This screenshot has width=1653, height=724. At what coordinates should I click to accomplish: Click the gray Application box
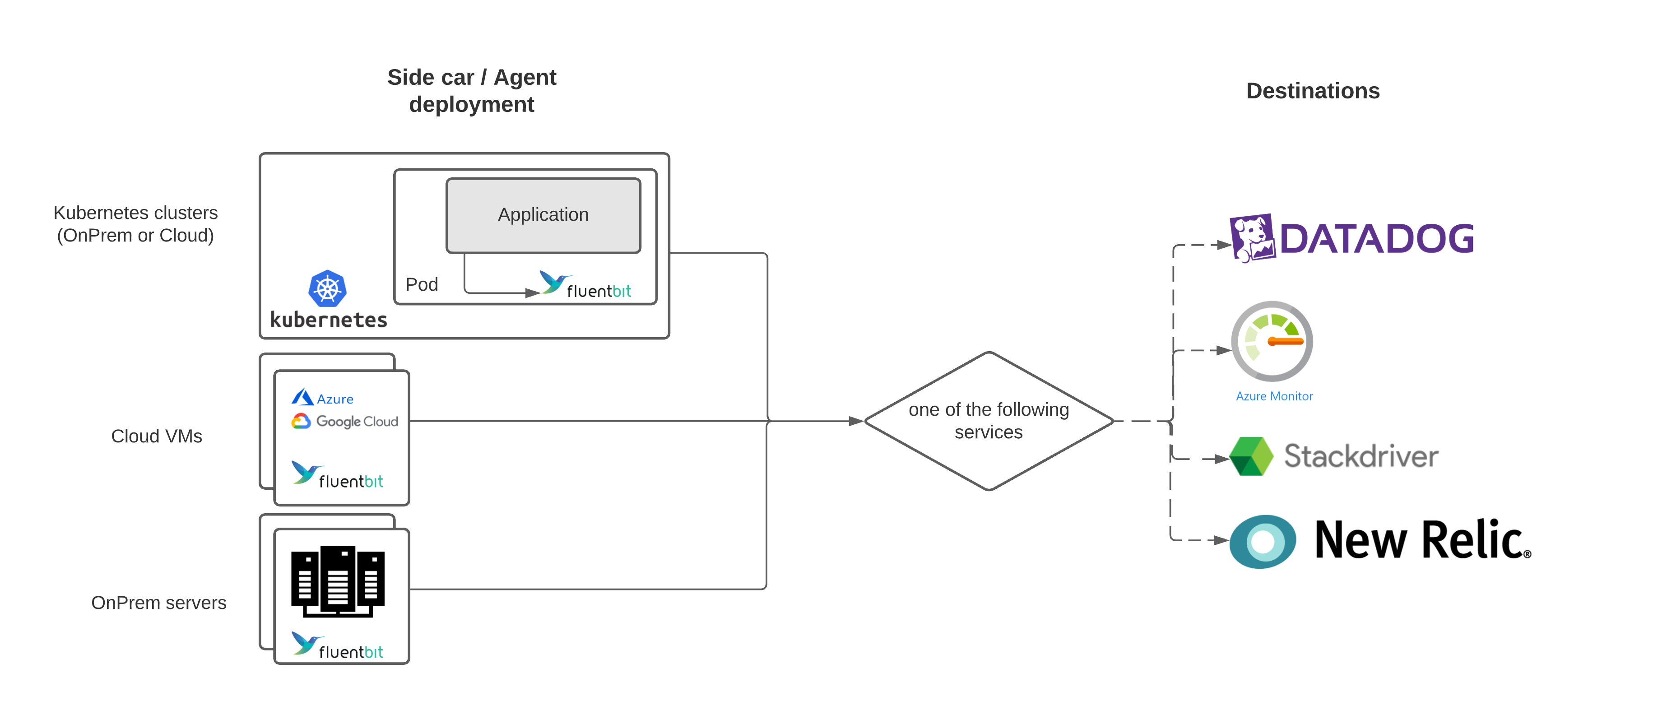(x=543, y=215)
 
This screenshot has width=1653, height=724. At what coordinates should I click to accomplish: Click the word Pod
(x=421, y=284)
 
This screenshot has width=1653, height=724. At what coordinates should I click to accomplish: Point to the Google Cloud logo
(x=344, y=421)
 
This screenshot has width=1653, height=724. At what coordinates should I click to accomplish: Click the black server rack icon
(x=338, y=581)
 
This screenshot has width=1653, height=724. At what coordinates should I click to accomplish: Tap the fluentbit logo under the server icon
(x=338, y=646)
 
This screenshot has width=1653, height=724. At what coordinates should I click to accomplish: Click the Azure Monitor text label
(x=1274, y=396)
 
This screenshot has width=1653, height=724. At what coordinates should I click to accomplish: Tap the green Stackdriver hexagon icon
(x=1251, y=456)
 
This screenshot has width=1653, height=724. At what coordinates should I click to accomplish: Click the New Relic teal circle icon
(x=1262, y=541)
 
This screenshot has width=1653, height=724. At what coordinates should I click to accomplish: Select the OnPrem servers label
(x=158, y=602)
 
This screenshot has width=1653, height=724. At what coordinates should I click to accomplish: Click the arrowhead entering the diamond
(x=855, y=421)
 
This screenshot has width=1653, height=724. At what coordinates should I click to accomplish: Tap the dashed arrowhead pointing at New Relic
(x=1221, y=540)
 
